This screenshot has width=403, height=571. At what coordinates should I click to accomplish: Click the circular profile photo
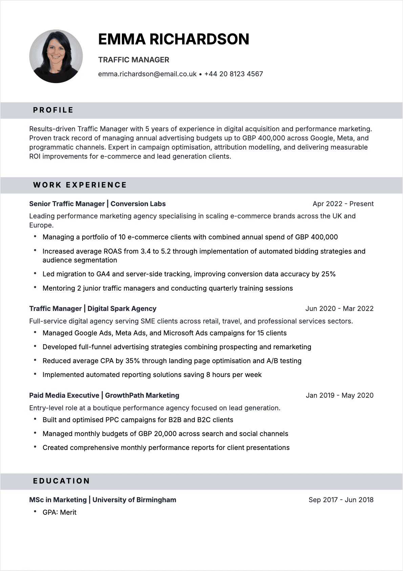(56, 56)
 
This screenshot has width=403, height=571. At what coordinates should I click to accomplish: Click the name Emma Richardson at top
(173, 39)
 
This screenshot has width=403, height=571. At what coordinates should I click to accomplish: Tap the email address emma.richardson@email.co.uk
(147, 74)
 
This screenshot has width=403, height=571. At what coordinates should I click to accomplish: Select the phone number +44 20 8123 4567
(234, 74)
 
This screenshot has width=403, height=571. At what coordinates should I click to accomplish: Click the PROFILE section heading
(53, 110)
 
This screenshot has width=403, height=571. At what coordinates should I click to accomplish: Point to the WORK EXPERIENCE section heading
(80, 185)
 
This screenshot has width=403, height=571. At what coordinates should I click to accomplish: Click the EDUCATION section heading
(61, 481)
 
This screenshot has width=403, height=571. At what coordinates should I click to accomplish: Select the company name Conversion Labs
(138, 204)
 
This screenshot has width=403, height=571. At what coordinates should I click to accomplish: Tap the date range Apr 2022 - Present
(343, 204)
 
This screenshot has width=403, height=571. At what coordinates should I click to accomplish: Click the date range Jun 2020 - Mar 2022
(339, 309)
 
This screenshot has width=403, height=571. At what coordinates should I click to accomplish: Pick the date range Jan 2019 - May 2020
(339, 395)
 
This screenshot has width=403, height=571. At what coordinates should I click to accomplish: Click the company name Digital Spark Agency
(122, 309)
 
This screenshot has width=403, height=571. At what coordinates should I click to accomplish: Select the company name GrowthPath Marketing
(142, 395)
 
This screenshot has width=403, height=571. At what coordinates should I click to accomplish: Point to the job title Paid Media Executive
(64, 395)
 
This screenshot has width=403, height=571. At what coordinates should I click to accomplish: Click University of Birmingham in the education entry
(134, 500)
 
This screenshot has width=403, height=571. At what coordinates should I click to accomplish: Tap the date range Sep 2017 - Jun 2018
(341, 500)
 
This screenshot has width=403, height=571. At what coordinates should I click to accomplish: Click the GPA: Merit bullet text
(59, 512)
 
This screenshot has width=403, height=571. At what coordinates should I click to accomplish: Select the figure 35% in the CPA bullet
(132, 361)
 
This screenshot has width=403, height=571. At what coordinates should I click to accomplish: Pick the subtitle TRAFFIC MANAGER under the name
(133, 60)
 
